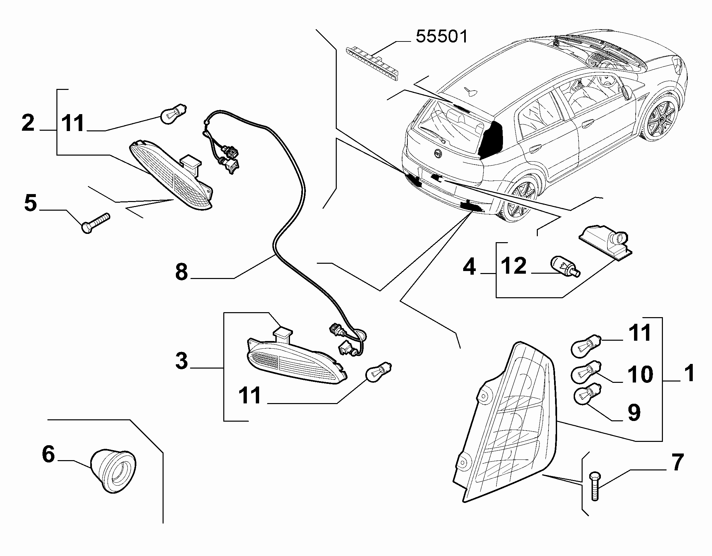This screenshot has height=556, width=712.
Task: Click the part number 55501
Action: (442, 36)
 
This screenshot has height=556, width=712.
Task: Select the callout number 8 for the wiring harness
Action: (181, 273)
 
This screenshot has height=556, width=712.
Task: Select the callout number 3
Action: (181, 361)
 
